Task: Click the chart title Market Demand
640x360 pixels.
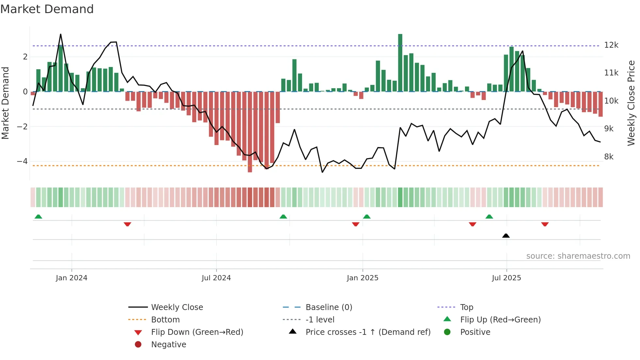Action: coord(47,9)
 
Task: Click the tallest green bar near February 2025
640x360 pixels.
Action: coord(400,63)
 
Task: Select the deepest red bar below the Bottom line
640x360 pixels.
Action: coord(250,132)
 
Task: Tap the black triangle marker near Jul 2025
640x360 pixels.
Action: coord(506,236)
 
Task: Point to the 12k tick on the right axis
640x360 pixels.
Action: coord(611,45)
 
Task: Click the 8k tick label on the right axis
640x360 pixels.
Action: coord(609,157)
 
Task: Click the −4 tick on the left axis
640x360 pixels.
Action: coord(22,161)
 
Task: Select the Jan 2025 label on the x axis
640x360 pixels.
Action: coord(362,278)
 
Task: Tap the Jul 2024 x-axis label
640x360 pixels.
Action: coord(216,278)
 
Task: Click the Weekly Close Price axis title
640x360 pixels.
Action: coord(631,103)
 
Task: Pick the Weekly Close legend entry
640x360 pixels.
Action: coord(177,307)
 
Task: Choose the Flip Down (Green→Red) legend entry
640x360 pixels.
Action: coord(197,332)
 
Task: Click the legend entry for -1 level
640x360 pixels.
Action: coord(320,320)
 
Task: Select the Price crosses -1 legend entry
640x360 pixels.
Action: coord(368,332)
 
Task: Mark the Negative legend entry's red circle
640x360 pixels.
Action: coord(138,345)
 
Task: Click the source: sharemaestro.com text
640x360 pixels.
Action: coord(578,256)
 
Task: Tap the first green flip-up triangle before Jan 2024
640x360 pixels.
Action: coord(38,217)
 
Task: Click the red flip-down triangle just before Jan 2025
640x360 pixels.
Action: coord(356,224)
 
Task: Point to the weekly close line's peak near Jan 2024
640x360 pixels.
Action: coord(60,34)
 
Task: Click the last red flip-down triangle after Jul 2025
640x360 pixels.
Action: coord(545,224)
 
